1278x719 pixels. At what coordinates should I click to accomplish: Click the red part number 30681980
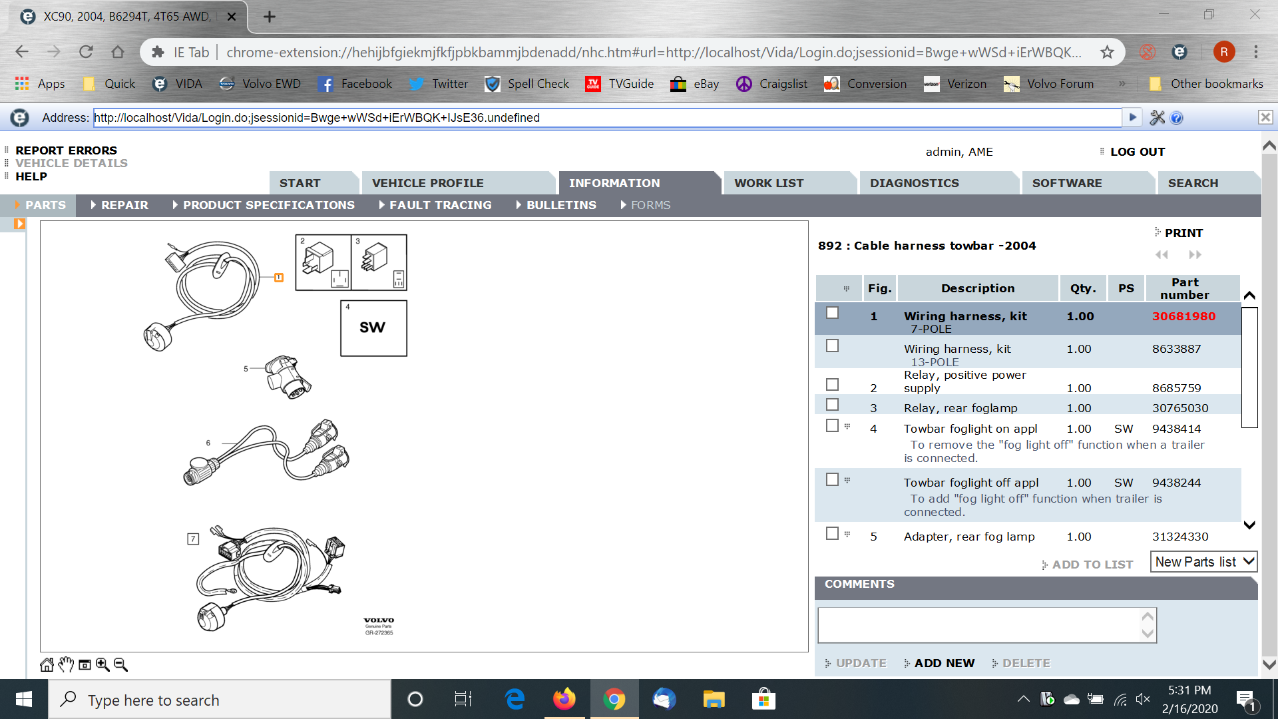1183,316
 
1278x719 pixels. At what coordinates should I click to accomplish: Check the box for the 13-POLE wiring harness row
832,346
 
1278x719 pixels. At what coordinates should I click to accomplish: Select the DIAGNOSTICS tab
914,183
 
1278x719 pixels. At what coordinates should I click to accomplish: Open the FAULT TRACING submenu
440,205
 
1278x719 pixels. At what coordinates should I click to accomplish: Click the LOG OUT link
1138,152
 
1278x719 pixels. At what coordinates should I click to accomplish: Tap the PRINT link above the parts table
1183,233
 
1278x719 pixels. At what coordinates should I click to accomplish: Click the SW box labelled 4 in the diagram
373,328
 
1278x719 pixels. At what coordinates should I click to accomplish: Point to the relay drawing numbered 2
323,262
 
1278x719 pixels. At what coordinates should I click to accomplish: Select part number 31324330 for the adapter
1180,537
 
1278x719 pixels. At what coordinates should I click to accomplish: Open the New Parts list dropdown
1203,562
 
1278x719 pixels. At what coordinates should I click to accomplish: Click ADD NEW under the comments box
944,663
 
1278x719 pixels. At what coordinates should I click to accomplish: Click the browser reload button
86,52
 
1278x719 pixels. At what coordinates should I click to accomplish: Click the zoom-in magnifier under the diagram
103,664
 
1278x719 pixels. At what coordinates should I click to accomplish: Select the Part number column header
1185,288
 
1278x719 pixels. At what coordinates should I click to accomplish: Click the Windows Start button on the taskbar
24,699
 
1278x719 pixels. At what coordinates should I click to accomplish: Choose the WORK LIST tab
769,183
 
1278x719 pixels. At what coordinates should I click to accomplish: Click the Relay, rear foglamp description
960,408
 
